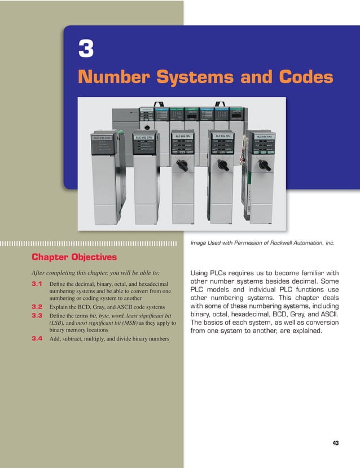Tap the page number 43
tap(336, 443)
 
